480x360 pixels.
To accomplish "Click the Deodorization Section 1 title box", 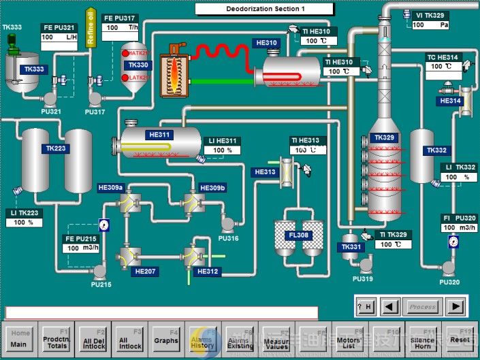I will pyautogui.click(x=264, y=9).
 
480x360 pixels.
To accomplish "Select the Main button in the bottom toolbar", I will pyautogui.click(x=19, y=340).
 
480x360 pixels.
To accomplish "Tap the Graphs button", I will pyautogui.click(x=166, y=340).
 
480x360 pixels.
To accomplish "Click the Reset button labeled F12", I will pyautogui.click(x=460, y=340).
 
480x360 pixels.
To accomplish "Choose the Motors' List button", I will pyautogui.click(x=349, y=340).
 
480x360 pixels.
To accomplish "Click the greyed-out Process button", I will pyautogui.click(x=422, y=307).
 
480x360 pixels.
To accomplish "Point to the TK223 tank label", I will pyautogui.click(x=57, y=148).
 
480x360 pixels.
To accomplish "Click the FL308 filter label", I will pyautogui.click(x=298, y=235).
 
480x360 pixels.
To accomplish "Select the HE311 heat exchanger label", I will pyautogui.click(x=159, y=135).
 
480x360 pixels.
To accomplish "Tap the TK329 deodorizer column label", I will pyautogui.click(x=385, y=137).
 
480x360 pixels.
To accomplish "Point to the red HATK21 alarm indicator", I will pyautogui.click(x=126, y=53).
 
